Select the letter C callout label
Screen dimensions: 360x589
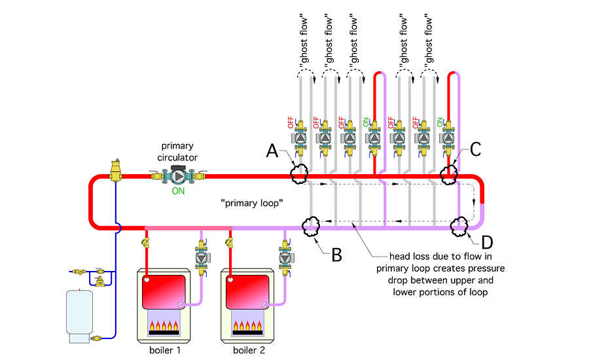tap(475, 149)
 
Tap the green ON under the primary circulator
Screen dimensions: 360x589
tap(178, 192)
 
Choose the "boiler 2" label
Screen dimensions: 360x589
tap(250, 350)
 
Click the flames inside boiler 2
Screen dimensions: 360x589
tap(250, 326)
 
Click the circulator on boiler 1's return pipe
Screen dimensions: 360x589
tap(201, 257)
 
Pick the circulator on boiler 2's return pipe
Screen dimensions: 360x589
tap(286, 257)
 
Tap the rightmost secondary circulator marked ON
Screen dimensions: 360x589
tap(448, 138)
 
